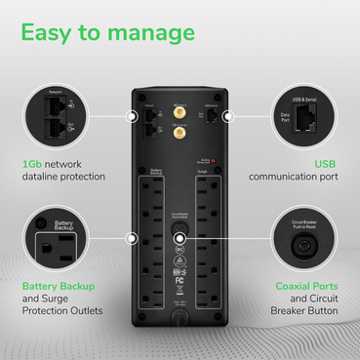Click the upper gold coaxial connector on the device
(180, 113)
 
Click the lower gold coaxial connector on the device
(180, 137)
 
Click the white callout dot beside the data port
(226, 115)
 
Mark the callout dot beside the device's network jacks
(134, 115)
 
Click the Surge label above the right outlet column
(203, 170)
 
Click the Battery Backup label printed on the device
(156, 171)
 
